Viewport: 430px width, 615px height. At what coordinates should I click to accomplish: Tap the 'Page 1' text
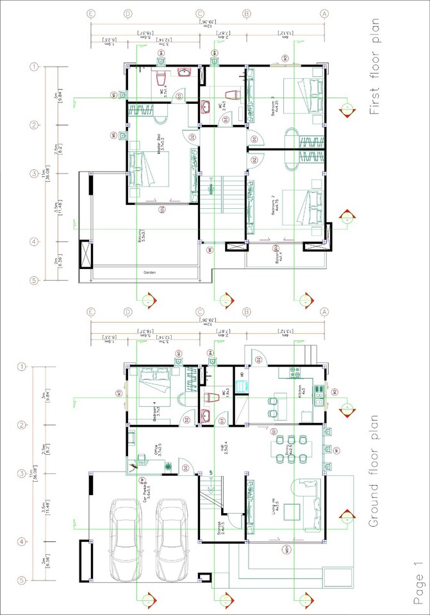coord(418,582)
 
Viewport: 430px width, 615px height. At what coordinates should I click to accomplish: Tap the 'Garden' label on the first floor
coord(148,273)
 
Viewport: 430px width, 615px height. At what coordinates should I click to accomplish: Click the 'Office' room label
coord(158,452)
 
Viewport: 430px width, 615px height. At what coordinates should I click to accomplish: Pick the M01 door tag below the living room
coord(286,549)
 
